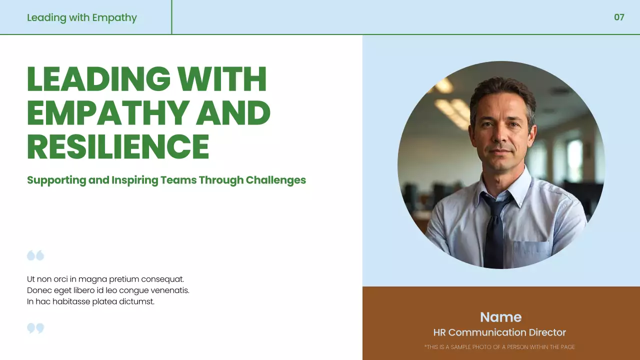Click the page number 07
619,17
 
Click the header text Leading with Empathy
81,17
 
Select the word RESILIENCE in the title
118,146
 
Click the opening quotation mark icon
35,255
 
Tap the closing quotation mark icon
35,328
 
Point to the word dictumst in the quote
136,301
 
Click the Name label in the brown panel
500,317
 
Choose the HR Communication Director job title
499,332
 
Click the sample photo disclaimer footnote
499,347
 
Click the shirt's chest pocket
531,252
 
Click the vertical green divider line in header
171,17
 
